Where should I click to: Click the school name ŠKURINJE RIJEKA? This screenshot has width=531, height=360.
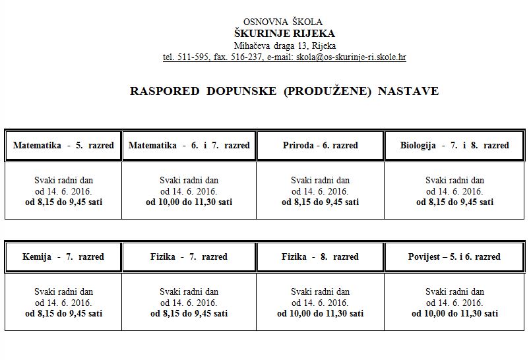coord(284,34)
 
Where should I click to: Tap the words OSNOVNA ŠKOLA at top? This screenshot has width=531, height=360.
coord(284,22)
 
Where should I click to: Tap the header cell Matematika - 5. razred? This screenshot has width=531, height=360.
coord(63,145)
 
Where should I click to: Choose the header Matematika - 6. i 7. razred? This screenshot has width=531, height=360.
coord(189,145)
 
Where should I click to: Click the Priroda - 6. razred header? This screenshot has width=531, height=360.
coord(321,145)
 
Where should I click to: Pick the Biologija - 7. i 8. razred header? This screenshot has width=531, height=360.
coord(454,145)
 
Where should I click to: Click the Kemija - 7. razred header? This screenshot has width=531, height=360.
coord(63,256)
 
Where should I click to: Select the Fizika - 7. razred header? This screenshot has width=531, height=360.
coord(189,256)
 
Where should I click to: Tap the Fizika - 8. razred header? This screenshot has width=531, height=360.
coord(321,256)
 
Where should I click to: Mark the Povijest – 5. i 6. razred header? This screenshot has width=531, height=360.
coord(454,256)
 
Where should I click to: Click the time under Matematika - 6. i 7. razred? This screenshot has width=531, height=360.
coord(189,202)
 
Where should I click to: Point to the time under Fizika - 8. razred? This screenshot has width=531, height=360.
coord(321,314)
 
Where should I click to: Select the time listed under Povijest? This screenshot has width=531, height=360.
coord(454,314)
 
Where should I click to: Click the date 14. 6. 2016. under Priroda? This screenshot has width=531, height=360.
coord(321,191)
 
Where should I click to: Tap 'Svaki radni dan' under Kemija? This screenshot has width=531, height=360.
coord(63,291)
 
